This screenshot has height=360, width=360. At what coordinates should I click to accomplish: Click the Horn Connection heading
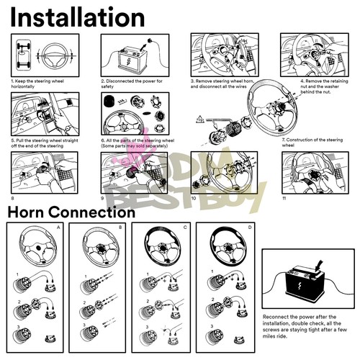pyautogui.click(x=71, y=212)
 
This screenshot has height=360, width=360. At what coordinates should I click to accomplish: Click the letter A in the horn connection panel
pyautogui.click(x=58, y=227)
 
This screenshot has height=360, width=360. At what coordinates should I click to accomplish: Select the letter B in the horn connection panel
pyautogui.click(x=122, y=227)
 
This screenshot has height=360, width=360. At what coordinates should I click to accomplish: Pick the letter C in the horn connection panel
pyautogui.click(x=186, y=227)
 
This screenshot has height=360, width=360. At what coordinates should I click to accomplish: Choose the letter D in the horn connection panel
pyautogui.click(x=250, y=227)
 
